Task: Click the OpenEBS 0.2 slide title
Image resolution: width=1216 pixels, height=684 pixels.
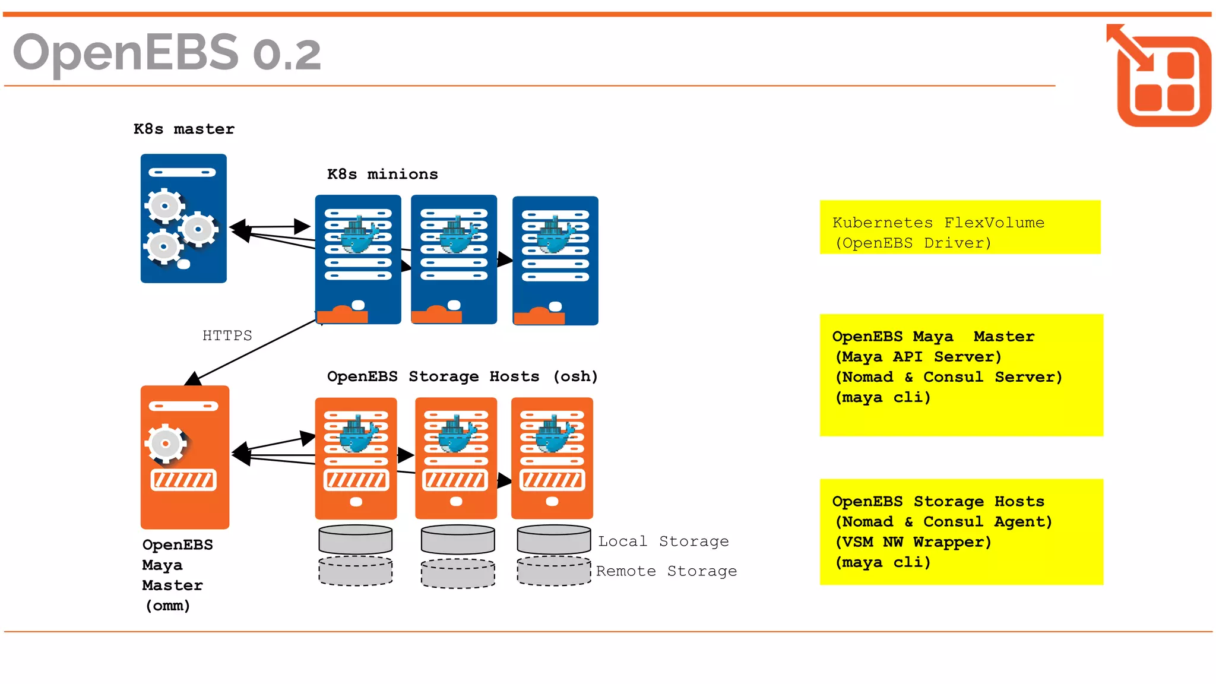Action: (x=167, y=52)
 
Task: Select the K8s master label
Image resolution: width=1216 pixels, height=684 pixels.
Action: (x=183, y=129)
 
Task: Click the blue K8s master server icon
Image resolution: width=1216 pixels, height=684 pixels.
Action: (x=183, y=218)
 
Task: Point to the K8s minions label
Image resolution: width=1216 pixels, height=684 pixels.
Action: (x=382, y=174)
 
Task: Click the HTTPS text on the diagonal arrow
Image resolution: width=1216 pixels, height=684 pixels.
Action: (x=227, y=335)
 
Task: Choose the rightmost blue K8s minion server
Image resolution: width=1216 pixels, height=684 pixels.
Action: (x=555, y=261)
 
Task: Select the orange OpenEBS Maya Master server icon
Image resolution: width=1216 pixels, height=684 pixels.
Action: (x=185, y=457)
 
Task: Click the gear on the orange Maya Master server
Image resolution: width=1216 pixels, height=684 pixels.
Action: (x=166, y=444)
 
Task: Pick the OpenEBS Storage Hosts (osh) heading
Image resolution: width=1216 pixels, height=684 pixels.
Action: (x=462, y=376)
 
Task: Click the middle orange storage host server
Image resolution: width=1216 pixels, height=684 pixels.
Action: (x=455, y=458)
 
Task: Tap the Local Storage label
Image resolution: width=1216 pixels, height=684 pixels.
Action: (x=663, y=541)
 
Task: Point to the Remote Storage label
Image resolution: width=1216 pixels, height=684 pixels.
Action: (x=666, y=571)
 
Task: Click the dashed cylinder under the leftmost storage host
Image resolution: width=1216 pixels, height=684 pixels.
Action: (x=355, y=571)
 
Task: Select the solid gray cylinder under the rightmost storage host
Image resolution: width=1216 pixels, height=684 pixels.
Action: (x=553, y=539)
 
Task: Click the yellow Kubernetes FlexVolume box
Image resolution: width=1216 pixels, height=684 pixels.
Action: (x=959, y=227)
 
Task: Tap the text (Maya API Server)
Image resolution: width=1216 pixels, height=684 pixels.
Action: (x=918, y=357)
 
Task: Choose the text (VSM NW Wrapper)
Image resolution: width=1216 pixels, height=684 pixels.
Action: (x=913, y=542)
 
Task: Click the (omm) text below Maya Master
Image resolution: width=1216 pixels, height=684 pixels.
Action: (x=168, y=606)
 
